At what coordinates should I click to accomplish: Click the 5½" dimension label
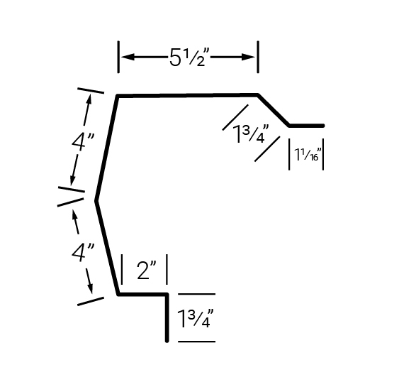(189, 57)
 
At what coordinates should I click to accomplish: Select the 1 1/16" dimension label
(306, 154)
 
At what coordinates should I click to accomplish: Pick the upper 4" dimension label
(83, 141)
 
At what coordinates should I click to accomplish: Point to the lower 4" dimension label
(83, 252)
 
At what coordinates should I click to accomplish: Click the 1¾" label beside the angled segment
(251, 134)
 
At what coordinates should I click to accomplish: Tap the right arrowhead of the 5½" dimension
(248, 57)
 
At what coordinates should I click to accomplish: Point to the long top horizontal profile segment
(188, 95)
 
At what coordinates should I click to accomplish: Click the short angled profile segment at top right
(274, 110)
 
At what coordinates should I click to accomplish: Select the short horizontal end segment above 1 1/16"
(306, 126)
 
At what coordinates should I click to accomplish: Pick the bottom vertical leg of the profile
(167, 318)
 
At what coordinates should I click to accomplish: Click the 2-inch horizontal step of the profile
(142, 295)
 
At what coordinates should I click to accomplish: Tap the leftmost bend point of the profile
(96, 201)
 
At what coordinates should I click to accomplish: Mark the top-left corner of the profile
(118, 96)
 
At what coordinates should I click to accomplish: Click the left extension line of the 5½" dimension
(118, 57)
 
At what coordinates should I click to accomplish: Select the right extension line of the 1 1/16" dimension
(323, 154)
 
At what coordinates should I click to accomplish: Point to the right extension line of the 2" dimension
(167, 269)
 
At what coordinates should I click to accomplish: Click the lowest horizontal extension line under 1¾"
(197, 342)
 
